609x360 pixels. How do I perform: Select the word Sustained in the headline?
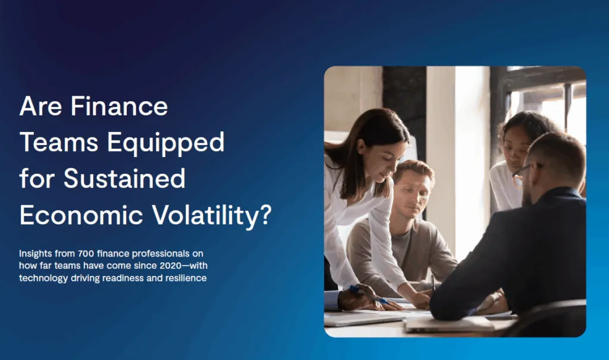(x=124, y=179)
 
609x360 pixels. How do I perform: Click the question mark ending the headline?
(x=264, y=215)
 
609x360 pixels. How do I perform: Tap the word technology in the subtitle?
(x=42, y=278)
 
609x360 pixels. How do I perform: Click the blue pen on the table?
(x=368, y=295)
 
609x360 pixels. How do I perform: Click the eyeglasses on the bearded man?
(x=522, y=173)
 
